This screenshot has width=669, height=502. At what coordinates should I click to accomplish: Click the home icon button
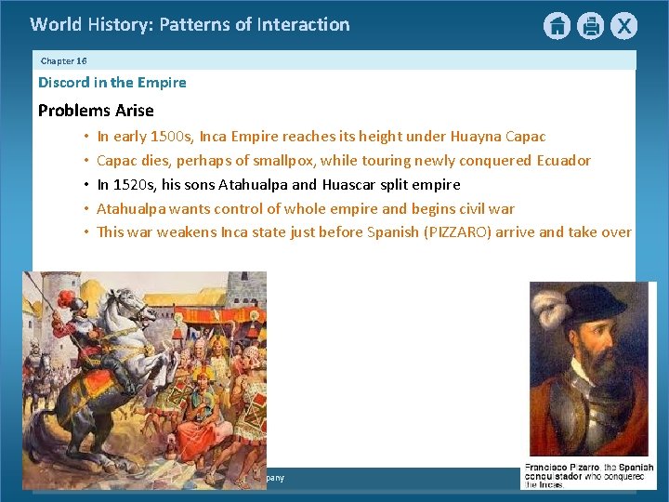(x=557, y=26)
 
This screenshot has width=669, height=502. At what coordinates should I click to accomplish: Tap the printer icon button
(x=590, y=26)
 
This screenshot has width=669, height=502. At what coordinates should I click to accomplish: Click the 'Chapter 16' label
(x=63, y=60)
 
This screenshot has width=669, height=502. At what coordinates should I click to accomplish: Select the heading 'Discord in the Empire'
(x=111, y=83)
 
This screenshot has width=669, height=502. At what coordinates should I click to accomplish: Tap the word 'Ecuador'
(x=563, y=160)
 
